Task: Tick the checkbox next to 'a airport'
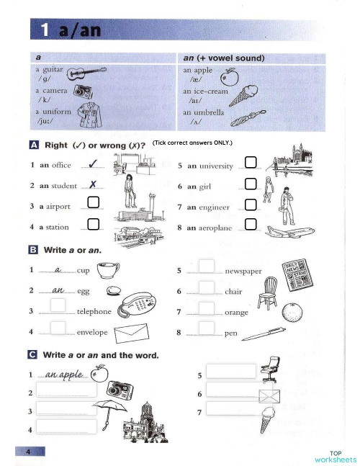point(93,203)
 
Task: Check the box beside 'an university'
point(250,162)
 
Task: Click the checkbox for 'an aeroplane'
point(250,225)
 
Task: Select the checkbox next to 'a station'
point(93,225)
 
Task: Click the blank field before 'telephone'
point(59,308)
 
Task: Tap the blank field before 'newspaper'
point(207,267)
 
